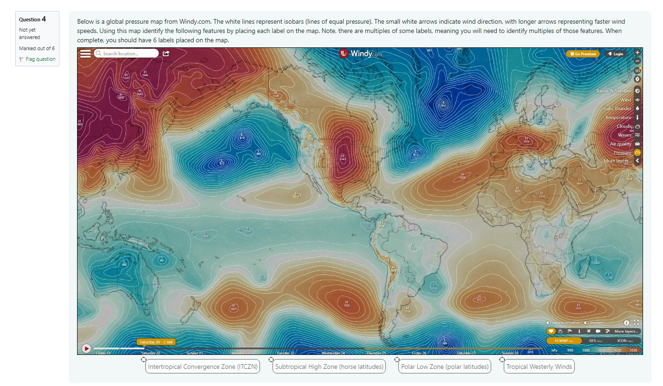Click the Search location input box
pos(126,53)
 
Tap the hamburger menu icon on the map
pos(86,53)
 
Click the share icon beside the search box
pos(166,53)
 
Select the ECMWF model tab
pos(564,340)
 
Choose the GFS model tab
pos(595,340)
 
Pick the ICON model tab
pos(624,340)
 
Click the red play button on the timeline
pos(86,348)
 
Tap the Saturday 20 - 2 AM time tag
pos(156,342)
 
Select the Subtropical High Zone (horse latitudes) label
pos(329,366)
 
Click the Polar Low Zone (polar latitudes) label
pos(445,366)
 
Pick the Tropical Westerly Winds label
pos(539,366)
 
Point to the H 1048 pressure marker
pos(145,73)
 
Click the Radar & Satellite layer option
pos(614,91)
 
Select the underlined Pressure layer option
pos(623,152)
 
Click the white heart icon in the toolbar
pos(551,331)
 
